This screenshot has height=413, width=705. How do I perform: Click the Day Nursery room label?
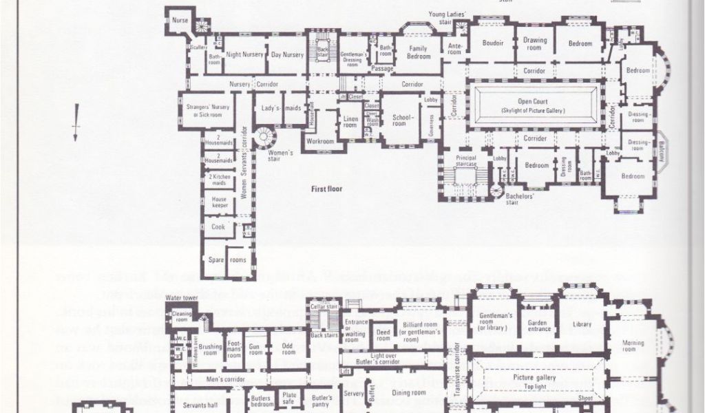click(x=287, y=54)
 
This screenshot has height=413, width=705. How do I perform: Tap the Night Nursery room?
click(x=245, y=54)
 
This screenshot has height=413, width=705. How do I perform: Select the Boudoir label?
click(x=493, y=43)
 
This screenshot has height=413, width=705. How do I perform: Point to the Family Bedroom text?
click(x=419, y=52)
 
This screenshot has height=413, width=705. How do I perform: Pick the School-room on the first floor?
click(x=400, y=120)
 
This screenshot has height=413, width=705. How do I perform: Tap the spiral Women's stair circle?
click(x=264, y=136)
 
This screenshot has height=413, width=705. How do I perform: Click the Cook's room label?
click(x=218, y=226)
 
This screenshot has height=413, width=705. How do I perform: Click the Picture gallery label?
click(x=534, y=377)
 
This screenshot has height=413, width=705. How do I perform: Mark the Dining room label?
click(x=410, y=392)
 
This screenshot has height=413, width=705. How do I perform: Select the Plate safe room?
click(x=289, y=398)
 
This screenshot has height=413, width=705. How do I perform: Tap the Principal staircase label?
click(x=466, y=160)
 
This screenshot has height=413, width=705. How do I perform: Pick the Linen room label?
click(x=350, y=122)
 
